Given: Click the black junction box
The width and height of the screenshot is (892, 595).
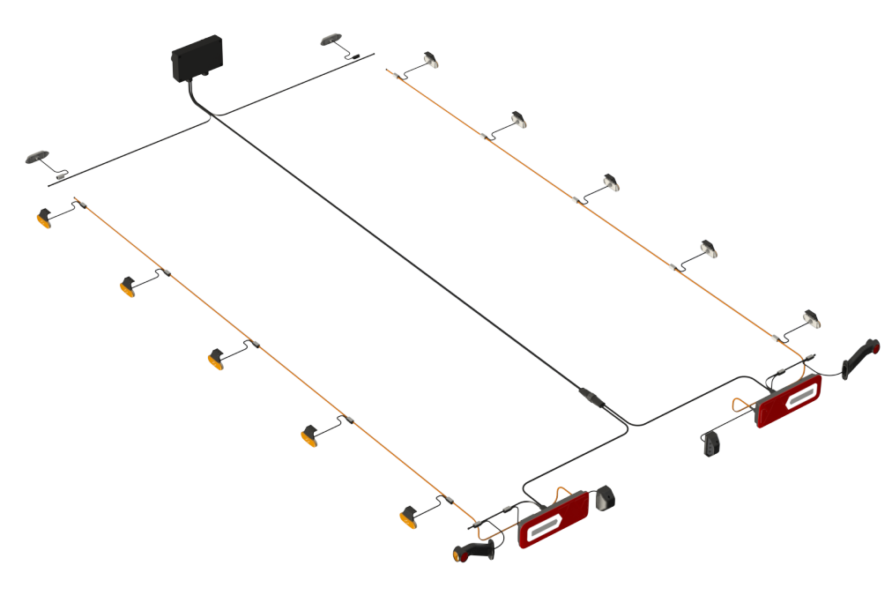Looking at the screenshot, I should (x=196, y=59).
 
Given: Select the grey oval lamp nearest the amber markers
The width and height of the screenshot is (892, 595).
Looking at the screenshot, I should (x=40, y=158).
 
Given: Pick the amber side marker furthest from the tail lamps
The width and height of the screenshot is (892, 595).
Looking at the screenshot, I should (x=46, y=216).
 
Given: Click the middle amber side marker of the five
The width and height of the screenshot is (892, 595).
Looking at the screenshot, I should (x=217, y=358).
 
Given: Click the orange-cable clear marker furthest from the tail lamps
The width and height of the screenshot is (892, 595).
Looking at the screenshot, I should (x=431, y=60).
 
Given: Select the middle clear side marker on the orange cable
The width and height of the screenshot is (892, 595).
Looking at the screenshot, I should (x=611, y=182).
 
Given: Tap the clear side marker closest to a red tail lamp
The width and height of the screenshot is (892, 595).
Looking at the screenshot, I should (x=811, y=318).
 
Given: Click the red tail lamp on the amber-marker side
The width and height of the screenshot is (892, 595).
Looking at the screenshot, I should (x=552, y=520).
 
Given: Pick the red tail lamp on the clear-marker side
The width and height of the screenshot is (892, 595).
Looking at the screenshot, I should (x=788, y=400).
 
